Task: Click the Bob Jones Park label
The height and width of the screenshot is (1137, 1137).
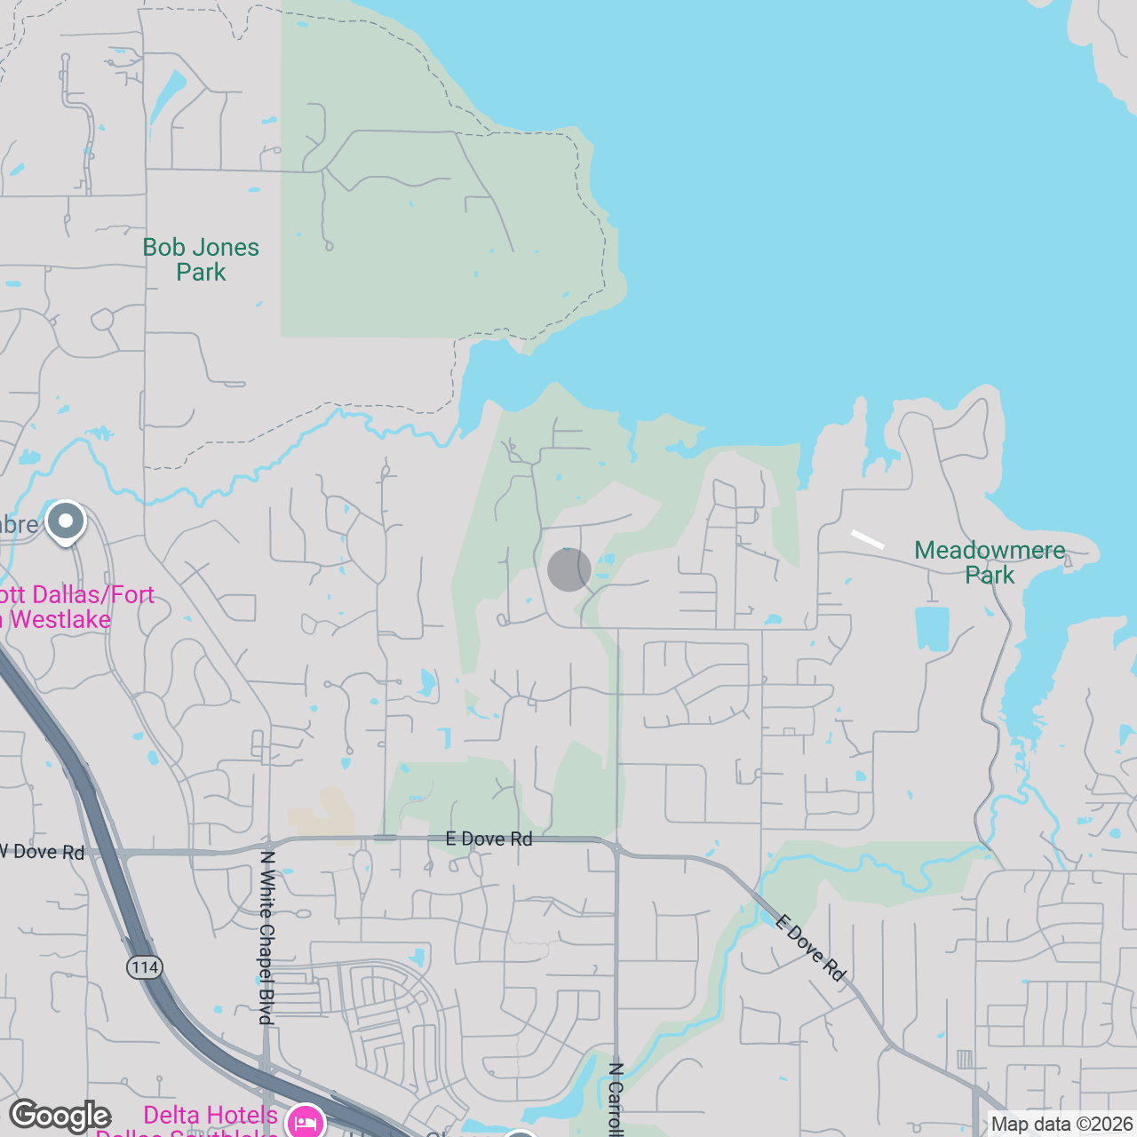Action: (x=201, y=259)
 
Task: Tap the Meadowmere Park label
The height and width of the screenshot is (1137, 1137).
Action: (x=990, y=562)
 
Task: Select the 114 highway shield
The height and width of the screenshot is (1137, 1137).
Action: (x=145, y=967)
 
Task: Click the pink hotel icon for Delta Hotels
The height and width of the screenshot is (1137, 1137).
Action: (x=305, y=1122)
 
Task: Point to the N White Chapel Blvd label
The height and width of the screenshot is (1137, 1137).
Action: (x=266, y=937)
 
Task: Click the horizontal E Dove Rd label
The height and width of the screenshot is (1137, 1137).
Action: (x=489, y=839)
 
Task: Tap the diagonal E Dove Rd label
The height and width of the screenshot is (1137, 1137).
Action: (x=809, y=947)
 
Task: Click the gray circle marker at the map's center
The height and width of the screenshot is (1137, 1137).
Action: (x=569, y=569)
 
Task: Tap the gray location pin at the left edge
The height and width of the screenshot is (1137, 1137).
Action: (x=66, y=521)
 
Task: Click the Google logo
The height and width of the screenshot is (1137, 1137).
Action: (x=60, y=1116)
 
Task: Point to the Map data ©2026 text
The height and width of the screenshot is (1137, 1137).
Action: (x=1061, y=1124)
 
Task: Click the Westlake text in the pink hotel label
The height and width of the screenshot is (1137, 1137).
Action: (x=60, y=619)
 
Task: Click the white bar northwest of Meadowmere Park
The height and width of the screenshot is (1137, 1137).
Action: (x=868, y=539)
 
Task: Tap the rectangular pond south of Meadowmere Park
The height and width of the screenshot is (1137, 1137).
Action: (x=932, y=628)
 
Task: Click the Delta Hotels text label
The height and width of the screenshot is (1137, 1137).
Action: (x=211, y=1115)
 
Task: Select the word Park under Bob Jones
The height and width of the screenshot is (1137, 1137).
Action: (x=201, y=273)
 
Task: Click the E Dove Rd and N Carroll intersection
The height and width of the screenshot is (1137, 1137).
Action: (x=616, y=847)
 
